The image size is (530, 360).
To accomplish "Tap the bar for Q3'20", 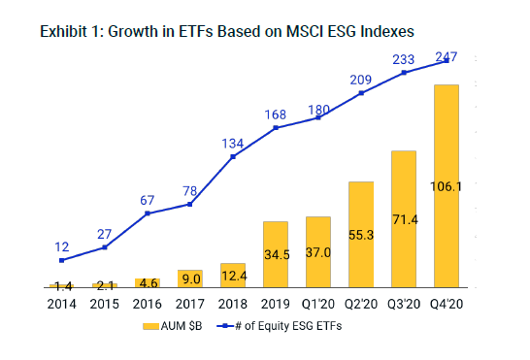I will (404, 219).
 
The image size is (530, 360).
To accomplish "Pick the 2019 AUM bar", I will (276, 254).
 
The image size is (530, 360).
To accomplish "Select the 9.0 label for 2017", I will (190, 278).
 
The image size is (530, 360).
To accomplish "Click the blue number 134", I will (233, 144).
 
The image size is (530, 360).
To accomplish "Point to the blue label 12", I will (61, 246).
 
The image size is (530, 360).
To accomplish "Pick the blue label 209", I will (361, 79).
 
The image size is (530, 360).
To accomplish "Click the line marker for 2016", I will (148, 213).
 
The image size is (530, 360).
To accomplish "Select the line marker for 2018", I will (233, 157).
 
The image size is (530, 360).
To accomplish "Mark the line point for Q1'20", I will (318, 117).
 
